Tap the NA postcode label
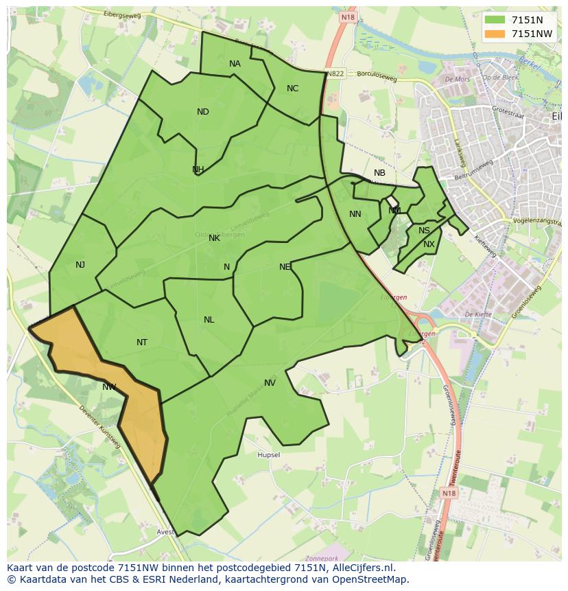pos(235,64)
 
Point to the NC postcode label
pos(292,89)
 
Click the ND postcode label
pos(202,112)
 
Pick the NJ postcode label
pos(80,265)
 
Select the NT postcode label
pos(142,343)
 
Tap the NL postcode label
pos(209,320)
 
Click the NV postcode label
pos(270,383)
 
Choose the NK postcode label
pos(214,238)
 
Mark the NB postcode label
pos(379,173)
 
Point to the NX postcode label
pos(429,244)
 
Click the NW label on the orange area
pos(109,387)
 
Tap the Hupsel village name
pos(268,455)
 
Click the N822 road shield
pos(335,73)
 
